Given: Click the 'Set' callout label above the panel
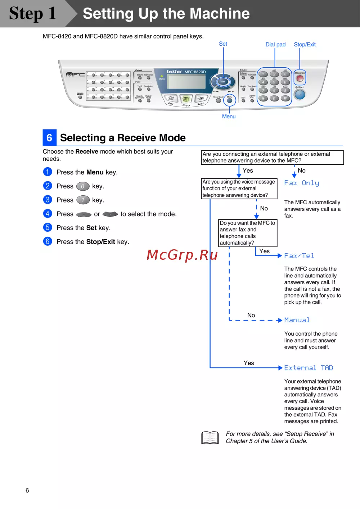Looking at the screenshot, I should coord(223,44).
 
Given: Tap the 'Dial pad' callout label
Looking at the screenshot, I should coord(275,45).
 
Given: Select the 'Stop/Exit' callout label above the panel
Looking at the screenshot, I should coord(305,45).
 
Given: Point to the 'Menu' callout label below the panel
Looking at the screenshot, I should coord(229,117).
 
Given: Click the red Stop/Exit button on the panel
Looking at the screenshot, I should coord(300,78).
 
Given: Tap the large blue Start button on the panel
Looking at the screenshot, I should coord(300,95).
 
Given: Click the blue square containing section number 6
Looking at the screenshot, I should coord(49,137).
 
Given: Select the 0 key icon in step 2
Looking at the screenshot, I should coord(83,186).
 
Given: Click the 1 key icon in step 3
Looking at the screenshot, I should coord(83,200).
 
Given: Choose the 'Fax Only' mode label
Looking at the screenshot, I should coord(302,183).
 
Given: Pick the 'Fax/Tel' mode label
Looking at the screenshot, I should coord(299,256).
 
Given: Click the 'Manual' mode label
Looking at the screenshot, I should coord(297,320).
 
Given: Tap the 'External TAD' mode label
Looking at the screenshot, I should coord(309,368).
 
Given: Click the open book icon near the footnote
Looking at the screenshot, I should coord(210,438).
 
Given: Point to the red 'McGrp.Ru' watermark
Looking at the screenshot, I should coord(182,255).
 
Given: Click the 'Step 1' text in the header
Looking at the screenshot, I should coord(32,14).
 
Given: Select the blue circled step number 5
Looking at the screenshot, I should coord(48,228).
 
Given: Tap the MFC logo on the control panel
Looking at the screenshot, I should coord(75,74).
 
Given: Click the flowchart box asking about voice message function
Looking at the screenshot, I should coord(239,188).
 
